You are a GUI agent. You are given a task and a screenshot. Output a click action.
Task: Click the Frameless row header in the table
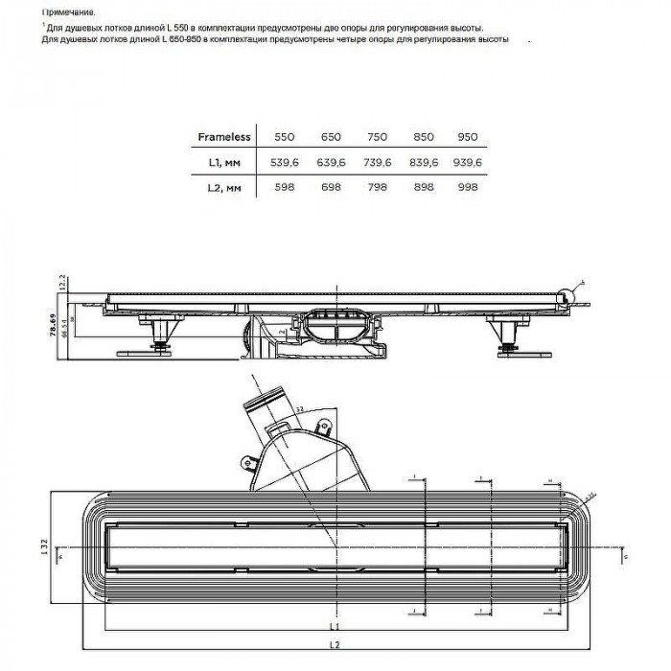pos(223,137)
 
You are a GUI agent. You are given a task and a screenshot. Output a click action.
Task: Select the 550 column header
pos(285,137)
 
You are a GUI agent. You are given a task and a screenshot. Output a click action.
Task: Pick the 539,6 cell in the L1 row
pos(285,163)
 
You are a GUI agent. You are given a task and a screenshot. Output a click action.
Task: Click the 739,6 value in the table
pos(376,163)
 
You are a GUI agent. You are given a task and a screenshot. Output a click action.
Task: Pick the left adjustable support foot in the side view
pos(157,337)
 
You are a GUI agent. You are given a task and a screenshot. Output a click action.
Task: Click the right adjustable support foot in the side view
pos(505,337)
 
